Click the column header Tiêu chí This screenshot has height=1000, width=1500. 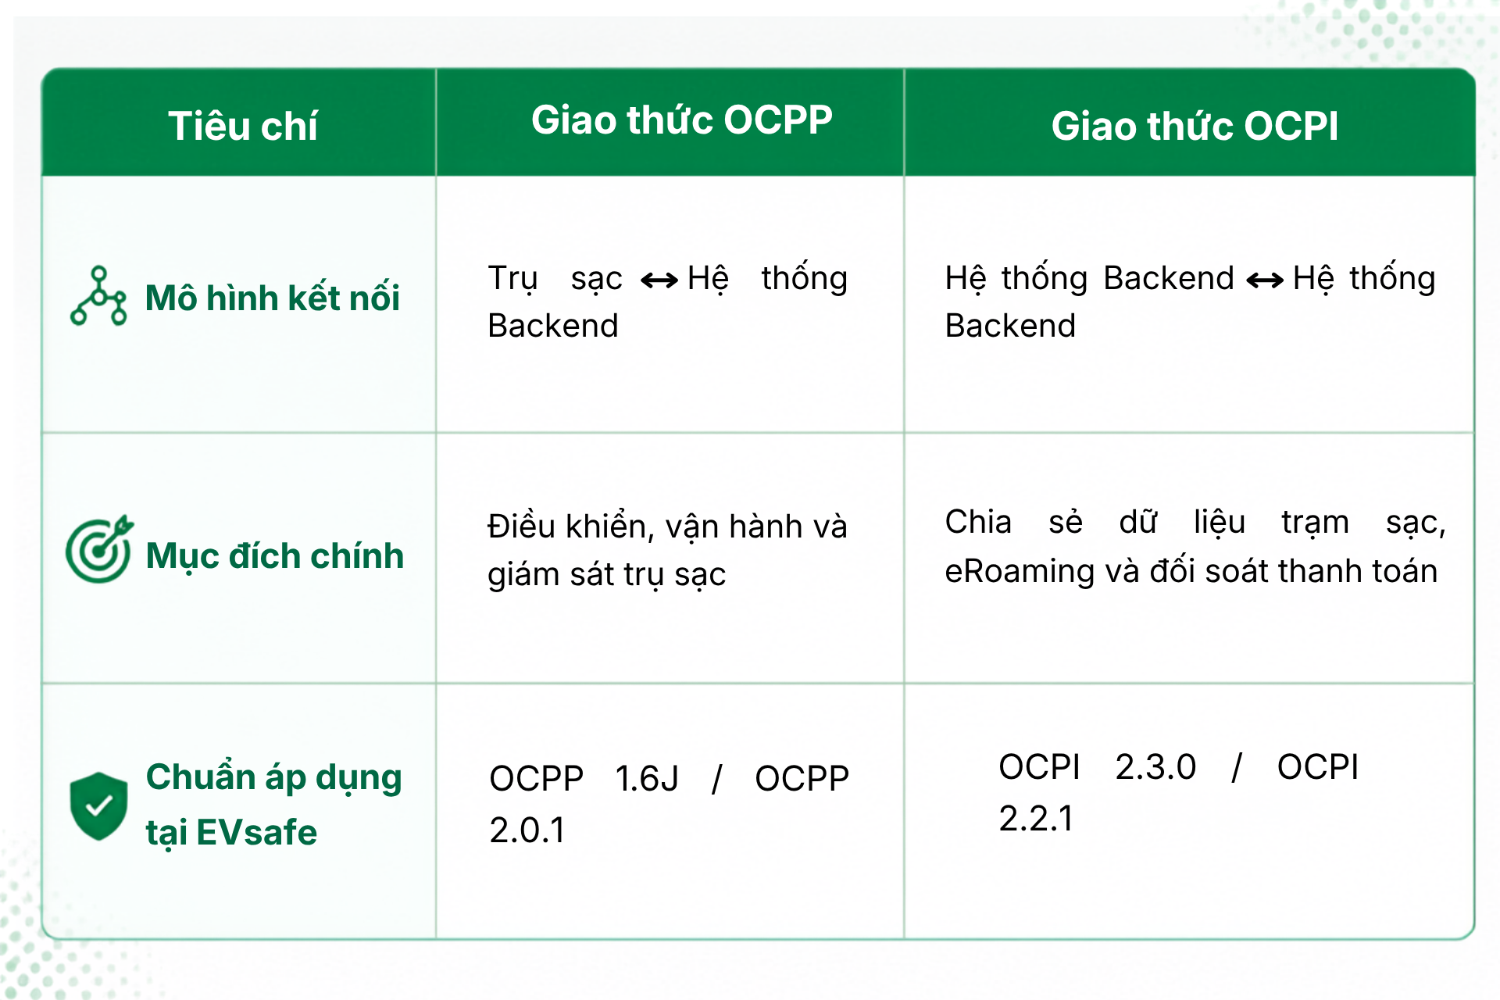click(x=243, y=126)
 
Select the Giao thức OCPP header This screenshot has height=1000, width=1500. click(x=682, y=120)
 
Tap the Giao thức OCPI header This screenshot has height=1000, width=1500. click(x=1195, y=126)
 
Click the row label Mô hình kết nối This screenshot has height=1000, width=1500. click(x=273, y=298)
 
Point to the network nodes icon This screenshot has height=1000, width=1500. click(x=98, y=296)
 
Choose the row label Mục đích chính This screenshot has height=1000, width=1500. click(x=274, y=557)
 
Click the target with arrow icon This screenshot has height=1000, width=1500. click(x=99, y=549)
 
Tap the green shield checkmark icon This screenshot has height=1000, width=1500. click(x=98, y=806)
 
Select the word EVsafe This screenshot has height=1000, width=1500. click(x=257, y=832)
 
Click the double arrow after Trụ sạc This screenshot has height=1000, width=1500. click(x=659, y=280)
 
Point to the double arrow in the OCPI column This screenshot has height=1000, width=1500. click(x=1265, y=280)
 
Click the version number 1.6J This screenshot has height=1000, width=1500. click(x=647, y=778)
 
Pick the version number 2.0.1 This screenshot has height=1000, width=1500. click(x=527, y=830)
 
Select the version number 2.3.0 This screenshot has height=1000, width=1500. click(x=1155, y=766)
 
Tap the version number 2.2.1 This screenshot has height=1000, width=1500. click(x=1037, y=818)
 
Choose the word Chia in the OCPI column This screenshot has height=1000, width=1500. click(x=978, y=522)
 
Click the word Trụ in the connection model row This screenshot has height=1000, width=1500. click(x=513, y=279)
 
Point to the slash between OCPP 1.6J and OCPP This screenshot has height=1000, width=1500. click(x=717, y=779)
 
